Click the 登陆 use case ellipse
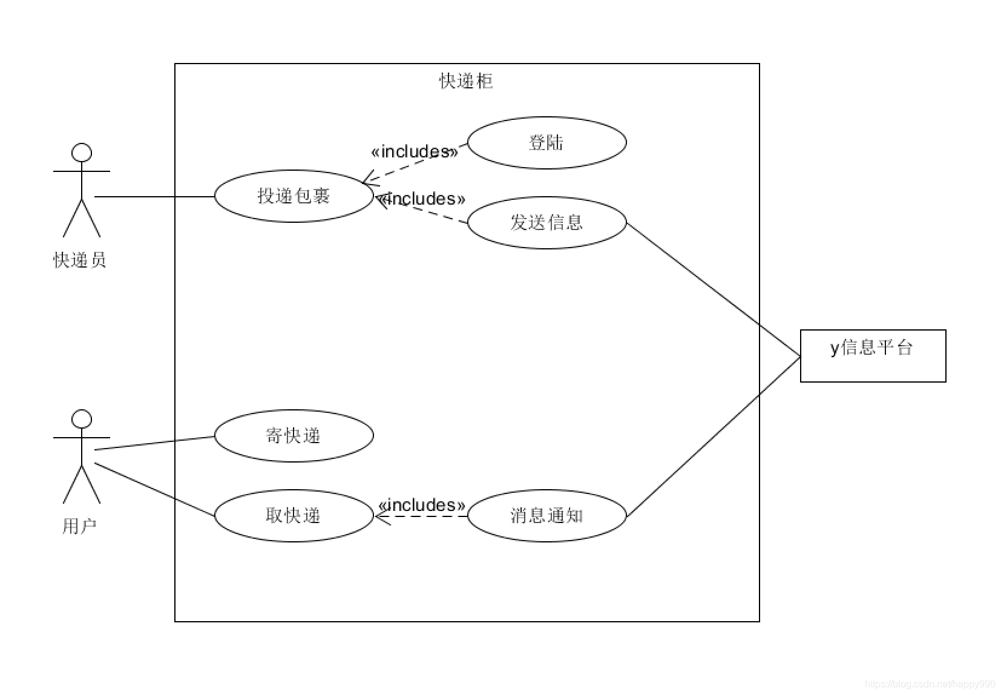[546, 143]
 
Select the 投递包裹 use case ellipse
[294, 196]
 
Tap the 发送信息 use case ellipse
[546, 223]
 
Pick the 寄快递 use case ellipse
[294, 436]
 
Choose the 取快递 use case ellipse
[294, 516]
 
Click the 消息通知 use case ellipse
[546, 516]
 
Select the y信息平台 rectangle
[873, 356]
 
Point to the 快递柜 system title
[466, 81]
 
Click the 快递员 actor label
[80, 260]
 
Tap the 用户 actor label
[80, 526]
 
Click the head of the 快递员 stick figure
[82, 153]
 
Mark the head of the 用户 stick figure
[82, 419]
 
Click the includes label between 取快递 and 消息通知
[422, 505]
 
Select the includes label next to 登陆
[415, 151]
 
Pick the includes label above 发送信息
[422, 199]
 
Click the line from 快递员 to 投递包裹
[155, 197]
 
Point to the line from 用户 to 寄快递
[155, 443]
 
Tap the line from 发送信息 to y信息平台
[714, 290]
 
